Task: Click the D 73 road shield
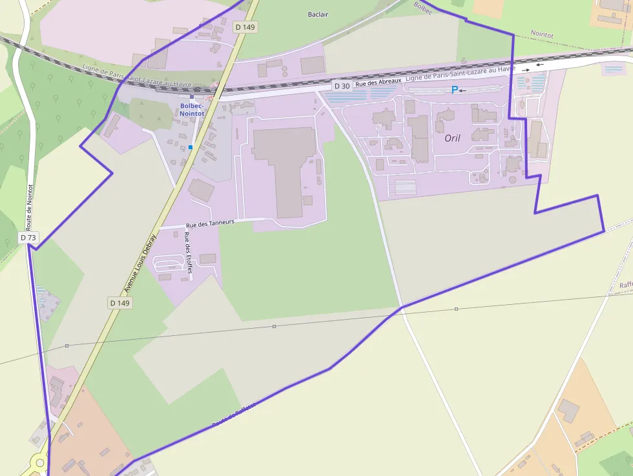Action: click(28, 238)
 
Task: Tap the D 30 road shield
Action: click(342, 86)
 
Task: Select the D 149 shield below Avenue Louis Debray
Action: click(119, 303)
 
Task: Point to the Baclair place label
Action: click(318, 14)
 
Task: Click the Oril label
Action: click(453, 138)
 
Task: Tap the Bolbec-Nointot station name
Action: click(192, 109)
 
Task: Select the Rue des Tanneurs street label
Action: click(209, 223)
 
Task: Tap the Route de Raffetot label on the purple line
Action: click(234, 415)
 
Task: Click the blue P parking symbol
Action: click(454, 90)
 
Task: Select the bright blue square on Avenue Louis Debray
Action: click(191, 147)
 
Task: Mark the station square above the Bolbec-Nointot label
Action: click(192, 98)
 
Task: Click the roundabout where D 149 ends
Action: click(40, 463)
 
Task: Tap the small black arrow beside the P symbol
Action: click(462, 90)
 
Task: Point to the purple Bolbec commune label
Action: click(422, 8)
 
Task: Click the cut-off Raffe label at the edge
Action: click(625, 285)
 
